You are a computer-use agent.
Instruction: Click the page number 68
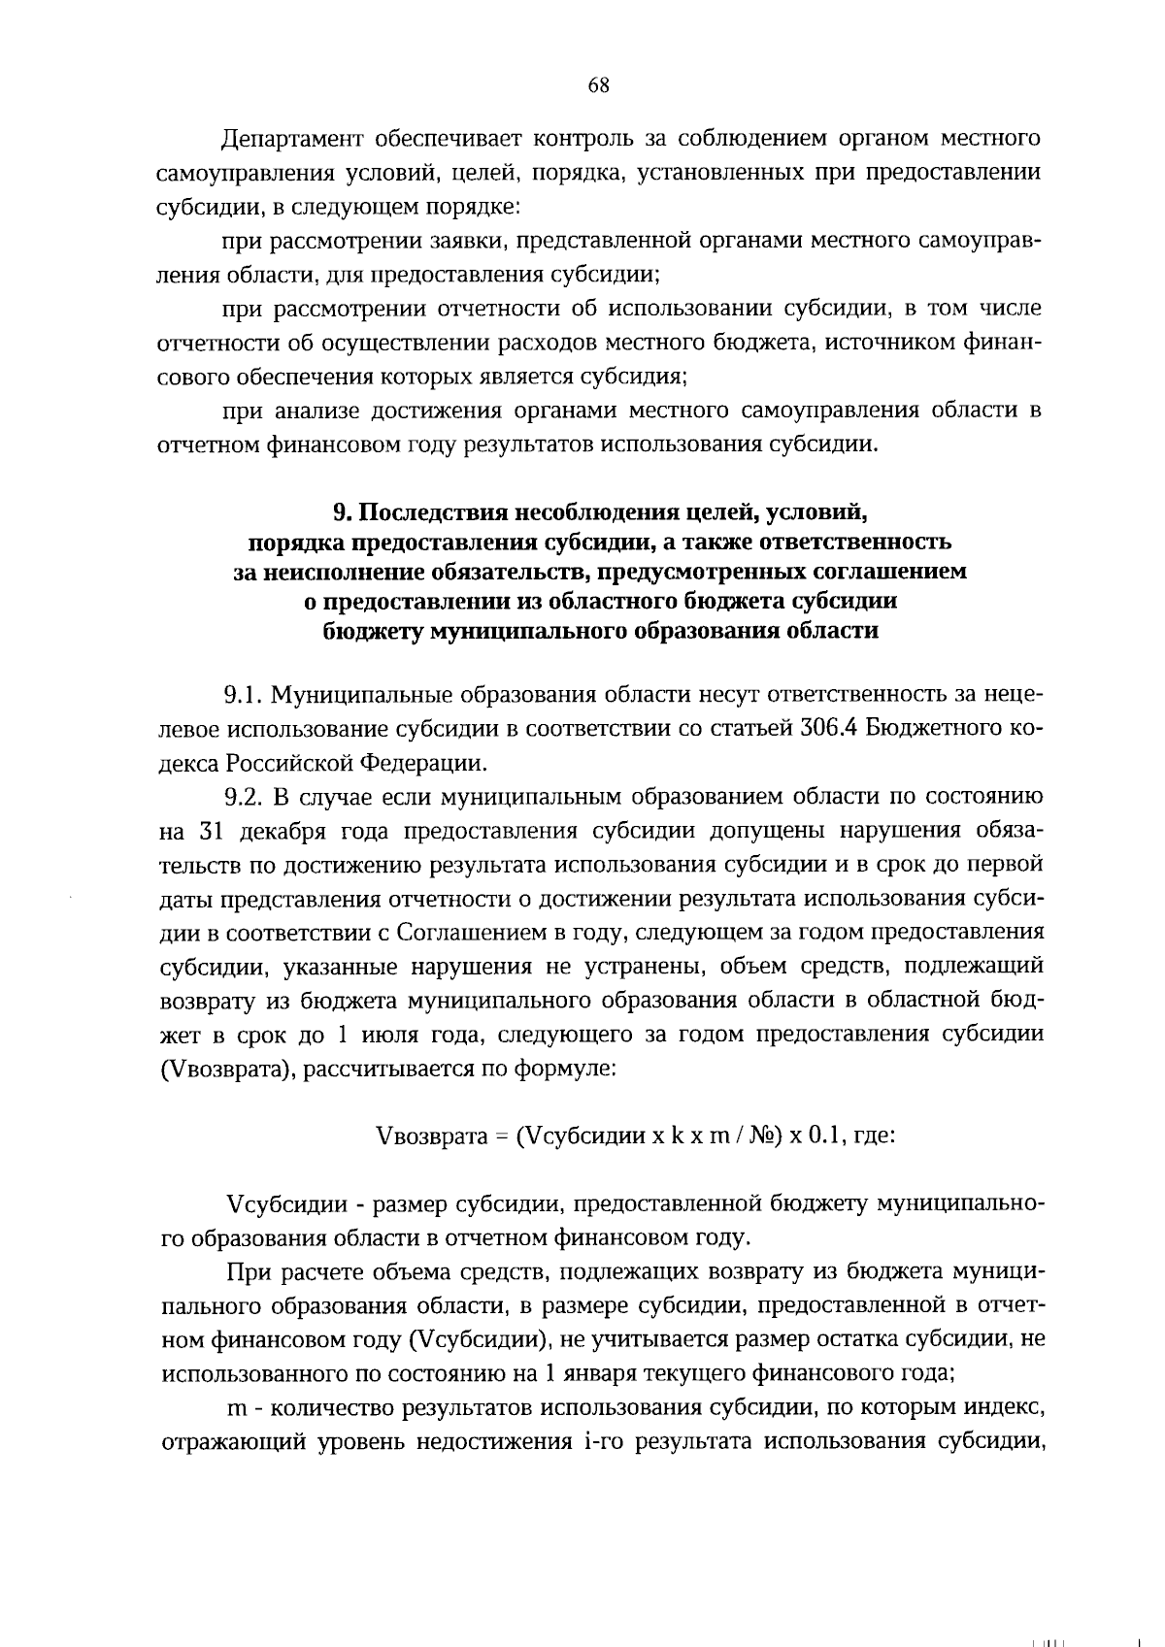click(598, 85)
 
